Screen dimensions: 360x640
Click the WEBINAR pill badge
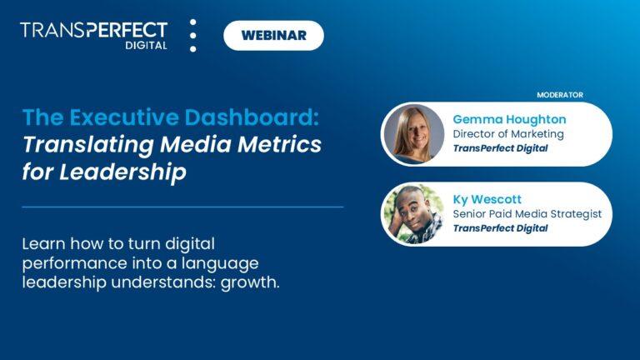point(273,35)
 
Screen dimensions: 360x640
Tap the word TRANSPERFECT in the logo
point(93,30)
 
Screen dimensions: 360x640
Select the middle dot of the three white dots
point(193,36)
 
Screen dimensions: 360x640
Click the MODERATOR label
point(560,95)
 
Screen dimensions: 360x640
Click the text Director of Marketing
point(508,133)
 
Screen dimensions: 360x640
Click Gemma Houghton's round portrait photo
point(412,134)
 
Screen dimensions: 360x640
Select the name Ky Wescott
point(487,199)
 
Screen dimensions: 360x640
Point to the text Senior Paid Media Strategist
point(527,214)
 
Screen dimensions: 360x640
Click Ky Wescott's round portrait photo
point(412,213)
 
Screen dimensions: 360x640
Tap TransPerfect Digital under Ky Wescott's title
point(500,228)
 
